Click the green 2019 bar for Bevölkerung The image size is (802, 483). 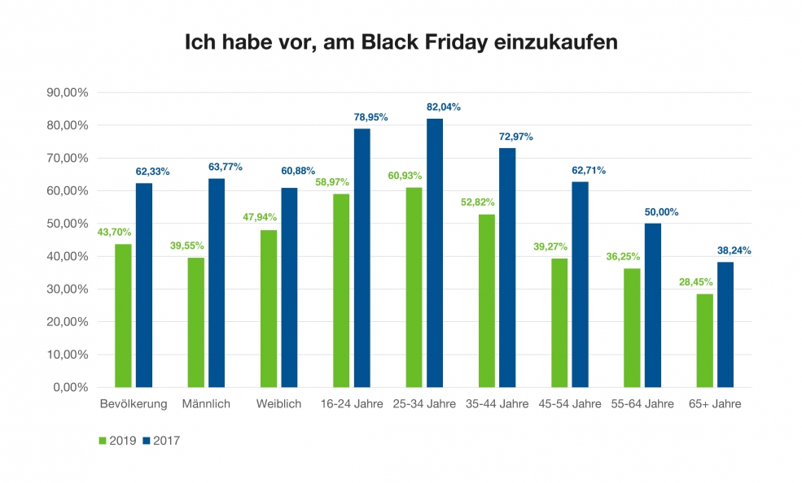coord(123,315)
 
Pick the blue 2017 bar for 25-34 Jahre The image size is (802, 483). coord(435,253)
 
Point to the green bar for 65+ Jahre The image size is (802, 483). coord(704,340)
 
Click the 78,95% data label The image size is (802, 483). coord(370,117)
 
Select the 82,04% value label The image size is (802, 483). coord(444,107)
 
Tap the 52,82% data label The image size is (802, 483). coord(487,202)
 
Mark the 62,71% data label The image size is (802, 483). coord(589,171)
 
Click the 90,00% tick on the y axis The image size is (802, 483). coord(69,93)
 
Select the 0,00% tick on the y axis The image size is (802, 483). coord(72,387)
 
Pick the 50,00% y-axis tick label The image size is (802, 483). coord(69,224)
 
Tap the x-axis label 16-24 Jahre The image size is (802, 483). coord(352,404)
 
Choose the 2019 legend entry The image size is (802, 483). coord(119,441)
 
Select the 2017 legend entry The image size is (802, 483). coord(160,441)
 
